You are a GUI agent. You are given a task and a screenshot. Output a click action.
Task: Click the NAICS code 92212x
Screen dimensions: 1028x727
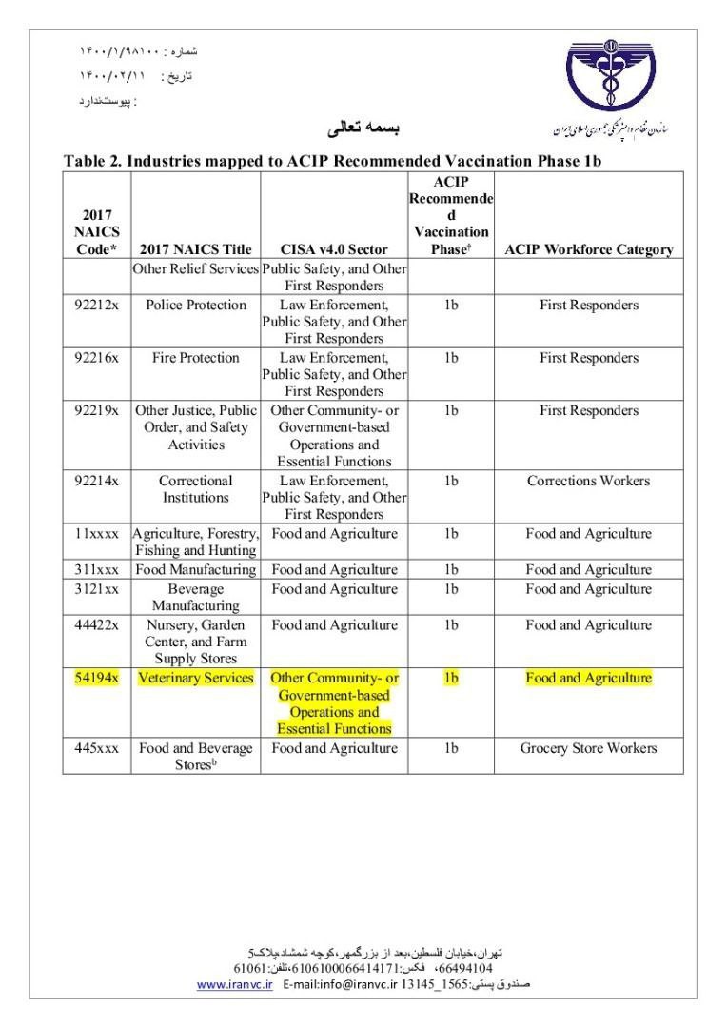(96, 306)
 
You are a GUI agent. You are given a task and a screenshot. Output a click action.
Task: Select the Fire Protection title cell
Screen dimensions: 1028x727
(195, 359)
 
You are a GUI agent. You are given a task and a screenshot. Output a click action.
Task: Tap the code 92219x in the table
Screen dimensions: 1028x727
(96, 411)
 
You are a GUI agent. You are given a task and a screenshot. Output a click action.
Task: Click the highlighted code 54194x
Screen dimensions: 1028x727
(96, 678)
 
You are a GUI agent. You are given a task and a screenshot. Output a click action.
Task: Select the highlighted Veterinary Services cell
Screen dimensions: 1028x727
(195, 678)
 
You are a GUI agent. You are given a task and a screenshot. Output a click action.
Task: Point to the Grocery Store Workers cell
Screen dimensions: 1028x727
(588, 748)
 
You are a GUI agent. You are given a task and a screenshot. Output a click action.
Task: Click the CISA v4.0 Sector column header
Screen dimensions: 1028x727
(334, 250)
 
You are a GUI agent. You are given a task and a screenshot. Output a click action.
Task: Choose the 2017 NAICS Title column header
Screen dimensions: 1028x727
(195, 250)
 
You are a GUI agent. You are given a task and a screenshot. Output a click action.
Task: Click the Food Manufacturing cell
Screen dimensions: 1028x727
(195, 570)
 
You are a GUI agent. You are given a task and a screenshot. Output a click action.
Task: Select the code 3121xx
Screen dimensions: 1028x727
(96, 589)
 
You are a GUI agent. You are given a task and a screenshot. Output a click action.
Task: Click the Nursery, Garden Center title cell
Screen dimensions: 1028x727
(195, 642)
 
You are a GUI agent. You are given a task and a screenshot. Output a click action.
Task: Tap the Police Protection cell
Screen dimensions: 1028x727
(195, 306)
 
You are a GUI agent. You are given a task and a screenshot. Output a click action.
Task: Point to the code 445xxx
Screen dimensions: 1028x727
(96, 748)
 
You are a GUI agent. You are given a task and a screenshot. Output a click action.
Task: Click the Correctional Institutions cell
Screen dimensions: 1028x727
(195, 489)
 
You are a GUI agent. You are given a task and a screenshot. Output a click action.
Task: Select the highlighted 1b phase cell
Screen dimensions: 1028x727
(450, 678)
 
